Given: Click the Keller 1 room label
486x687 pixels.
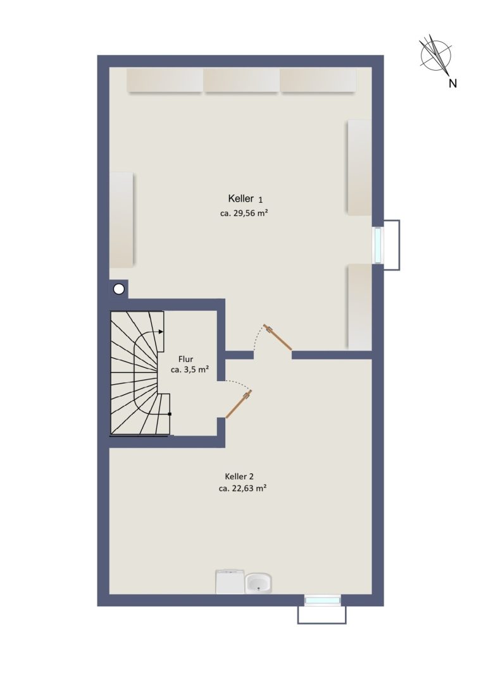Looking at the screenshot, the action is click(246, 199).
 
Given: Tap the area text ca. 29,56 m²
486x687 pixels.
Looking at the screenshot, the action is click(244, 214).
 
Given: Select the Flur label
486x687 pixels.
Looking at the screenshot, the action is click(185, 359).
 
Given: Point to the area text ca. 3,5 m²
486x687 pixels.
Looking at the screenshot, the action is click(189, 369).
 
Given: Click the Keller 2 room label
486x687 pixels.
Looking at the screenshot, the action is click(239, 477).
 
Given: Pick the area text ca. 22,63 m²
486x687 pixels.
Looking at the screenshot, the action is click(243, 488).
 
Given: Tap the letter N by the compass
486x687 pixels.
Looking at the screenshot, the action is click(452, 83).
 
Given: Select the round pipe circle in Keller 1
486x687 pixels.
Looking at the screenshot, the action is click(119, 289).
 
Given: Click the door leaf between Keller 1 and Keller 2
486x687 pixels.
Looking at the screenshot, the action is click(278, 337).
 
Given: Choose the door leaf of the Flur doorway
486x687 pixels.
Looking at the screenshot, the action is click(239, 404).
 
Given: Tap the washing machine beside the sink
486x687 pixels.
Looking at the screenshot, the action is click(230, 581).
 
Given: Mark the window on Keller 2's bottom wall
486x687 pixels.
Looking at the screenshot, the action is click(322, 600).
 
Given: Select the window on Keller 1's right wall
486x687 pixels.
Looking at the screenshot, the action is click(377, 245).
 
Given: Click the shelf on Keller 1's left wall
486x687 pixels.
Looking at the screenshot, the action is click(121, 220).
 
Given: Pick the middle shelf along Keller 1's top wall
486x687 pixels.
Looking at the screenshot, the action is click(241, 80).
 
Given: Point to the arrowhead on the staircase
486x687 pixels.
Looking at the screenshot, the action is click(161, 332).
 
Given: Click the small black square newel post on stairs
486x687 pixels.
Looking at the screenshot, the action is click(170, 413).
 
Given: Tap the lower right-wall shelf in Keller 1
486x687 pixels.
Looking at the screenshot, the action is click(360, 307).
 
